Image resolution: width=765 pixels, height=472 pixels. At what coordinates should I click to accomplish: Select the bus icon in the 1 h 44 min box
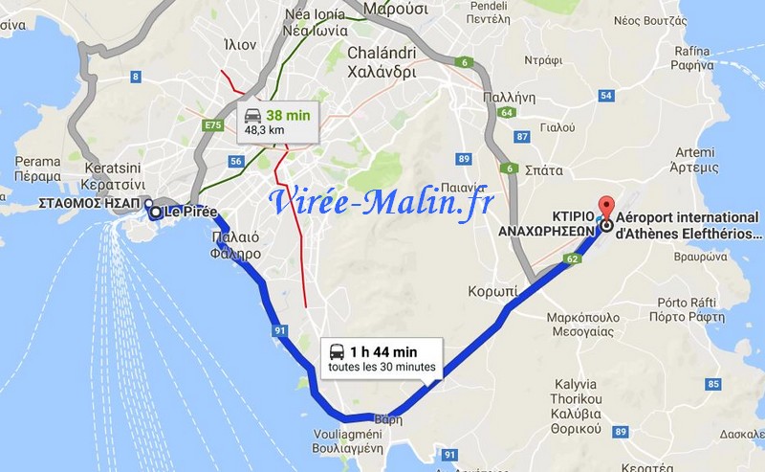337,351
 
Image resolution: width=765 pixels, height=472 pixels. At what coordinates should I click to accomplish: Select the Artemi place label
694,160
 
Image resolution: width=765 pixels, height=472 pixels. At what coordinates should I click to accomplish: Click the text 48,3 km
265,129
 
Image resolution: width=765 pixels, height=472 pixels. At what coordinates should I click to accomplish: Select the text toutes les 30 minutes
382,367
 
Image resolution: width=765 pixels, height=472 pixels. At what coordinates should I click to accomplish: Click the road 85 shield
712,385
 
